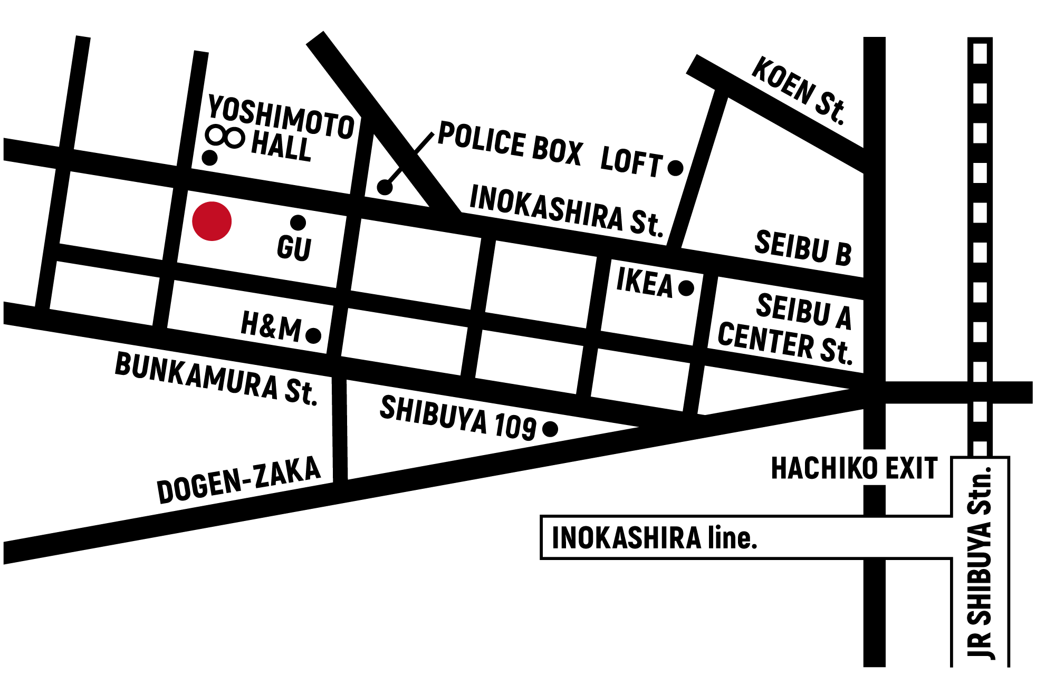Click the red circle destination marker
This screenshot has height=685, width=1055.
(x=212, y=221)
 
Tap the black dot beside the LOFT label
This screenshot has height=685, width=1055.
(x=675, y=168)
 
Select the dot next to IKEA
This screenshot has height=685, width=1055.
(x=686, y=288)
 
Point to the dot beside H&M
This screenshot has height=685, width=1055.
(x=313, y=335)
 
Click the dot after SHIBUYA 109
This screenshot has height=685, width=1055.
(x=550, y=429)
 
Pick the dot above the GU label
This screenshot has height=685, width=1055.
(x=298, y=223)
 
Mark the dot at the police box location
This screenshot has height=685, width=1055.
(x=385, y=187)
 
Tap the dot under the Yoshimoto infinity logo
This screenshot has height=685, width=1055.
(x=209, y=158)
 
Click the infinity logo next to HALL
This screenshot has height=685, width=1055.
(x=225, y=137)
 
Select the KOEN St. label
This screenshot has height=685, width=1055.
(x=799, y=91)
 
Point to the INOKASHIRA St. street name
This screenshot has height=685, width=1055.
(x=565, y=211)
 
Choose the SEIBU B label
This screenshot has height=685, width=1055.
(x=803, y=247)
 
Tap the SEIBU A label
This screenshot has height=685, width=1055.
(x=803, y=311)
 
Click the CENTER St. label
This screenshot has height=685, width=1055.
(x=785, y=343)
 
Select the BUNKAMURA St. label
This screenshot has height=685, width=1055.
(x=216, y=379)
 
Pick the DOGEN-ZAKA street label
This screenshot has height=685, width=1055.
(x=238, y=480)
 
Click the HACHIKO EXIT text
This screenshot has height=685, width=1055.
(x=854, y=468)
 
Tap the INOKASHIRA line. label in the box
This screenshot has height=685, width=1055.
(x=654, y=538)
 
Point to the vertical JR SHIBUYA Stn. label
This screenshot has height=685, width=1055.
(x=980, y=562)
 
